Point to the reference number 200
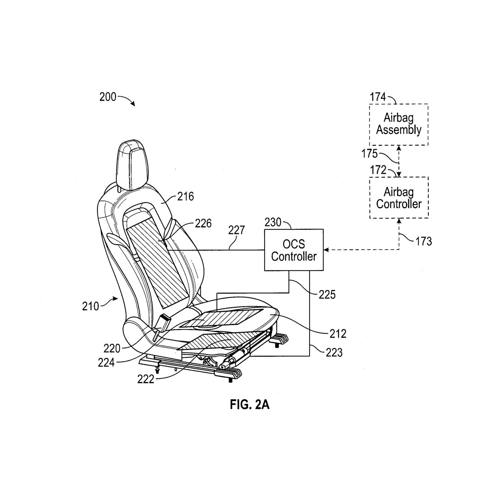(108, 97)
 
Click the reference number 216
(186, 197)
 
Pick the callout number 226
(203, 223)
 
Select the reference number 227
(236, 230)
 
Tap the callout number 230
(273, 222)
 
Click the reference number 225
(327, 295)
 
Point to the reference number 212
(338, 334)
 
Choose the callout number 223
(334, 353)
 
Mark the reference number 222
(146, 379)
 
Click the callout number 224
(106, 362)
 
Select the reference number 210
(90, 306)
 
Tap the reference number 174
(378, 97)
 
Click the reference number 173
(423, 241)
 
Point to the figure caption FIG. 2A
(250, 405)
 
